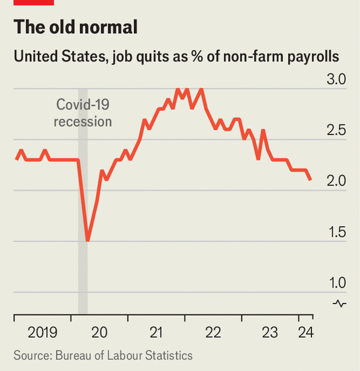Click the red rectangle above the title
point(34,2)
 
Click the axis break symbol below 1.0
point(339,303)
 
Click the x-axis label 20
point(99,332)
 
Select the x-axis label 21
point(156,332)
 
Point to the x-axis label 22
point(213,332)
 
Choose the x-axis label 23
point(270,332)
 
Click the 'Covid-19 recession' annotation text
point(83,113)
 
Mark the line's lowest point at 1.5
point(88,241)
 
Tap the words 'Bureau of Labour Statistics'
point(124,356)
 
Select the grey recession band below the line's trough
point(83,279)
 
